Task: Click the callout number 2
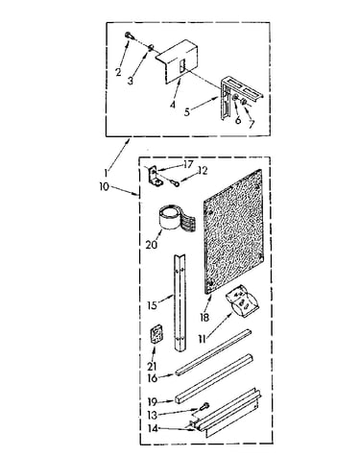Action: (119, 72)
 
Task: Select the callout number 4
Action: (173, 104)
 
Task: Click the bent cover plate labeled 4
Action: (178, 60)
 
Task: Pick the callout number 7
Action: (252, 124)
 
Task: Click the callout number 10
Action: (104, 186)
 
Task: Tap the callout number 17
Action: (188, 164)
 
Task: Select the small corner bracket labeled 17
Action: (155, 177)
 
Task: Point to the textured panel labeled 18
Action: (233, 231)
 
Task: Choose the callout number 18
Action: (204, 317)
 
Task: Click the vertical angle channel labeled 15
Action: (180, 301)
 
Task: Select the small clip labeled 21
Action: (156, 335)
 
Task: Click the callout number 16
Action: (153, 378)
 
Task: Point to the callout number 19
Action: (153, 401)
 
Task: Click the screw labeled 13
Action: (204, 407)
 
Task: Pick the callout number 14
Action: (153, 428)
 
